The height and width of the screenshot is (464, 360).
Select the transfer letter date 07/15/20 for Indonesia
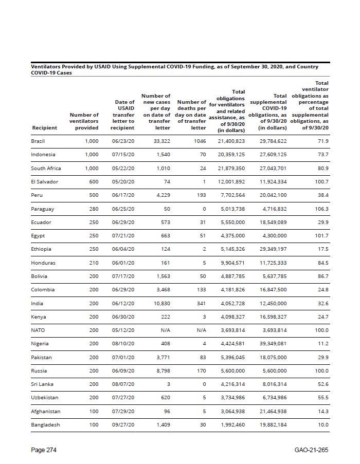[123, 154]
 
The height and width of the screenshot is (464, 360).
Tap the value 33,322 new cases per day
[161, 141]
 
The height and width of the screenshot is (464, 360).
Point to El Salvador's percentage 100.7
[321, 181]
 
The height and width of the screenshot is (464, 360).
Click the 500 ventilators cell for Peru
[92, 195]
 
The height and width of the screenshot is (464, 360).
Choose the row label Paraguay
[42, 209]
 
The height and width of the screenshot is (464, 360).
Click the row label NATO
[38, 330]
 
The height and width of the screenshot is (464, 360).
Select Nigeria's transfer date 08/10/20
[123, 344]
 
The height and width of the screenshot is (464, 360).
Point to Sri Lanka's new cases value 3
[168, 384]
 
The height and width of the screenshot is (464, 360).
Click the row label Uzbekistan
[44, 398]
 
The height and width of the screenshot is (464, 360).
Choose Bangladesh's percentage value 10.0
[322, 424]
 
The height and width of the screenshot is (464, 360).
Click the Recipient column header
[44, 127]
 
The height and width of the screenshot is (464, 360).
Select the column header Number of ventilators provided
[84, 121]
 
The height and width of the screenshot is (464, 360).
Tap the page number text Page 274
[44, 450]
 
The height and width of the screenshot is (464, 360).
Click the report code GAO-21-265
[311, 450]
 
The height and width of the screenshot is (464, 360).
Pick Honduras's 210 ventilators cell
[92, 263]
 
